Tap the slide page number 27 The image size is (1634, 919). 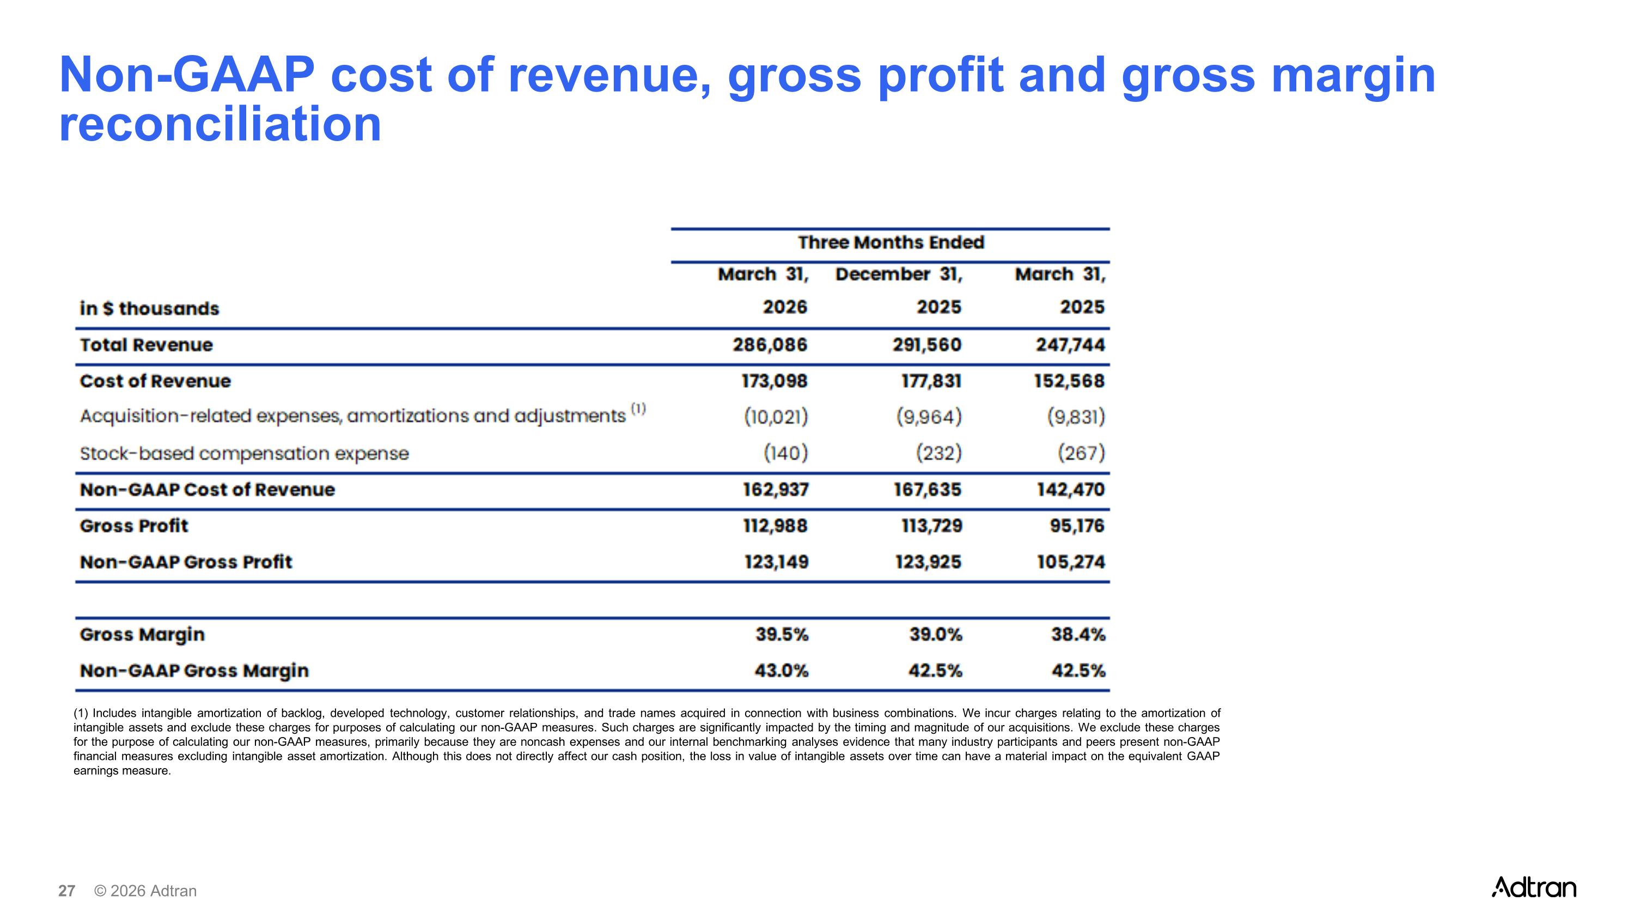click(x=66, y=891)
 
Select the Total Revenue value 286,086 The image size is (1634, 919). click(x=770, y=345)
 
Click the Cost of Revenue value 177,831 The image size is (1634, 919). click(x=931, y=381)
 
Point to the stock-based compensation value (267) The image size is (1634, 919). click(x=1081, y=453)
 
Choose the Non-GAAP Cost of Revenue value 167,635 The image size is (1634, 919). click(x=928, y=490)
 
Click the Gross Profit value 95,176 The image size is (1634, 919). click(x=1077, y=526)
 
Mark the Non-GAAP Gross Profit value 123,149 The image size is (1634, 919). click(x=776, y=562)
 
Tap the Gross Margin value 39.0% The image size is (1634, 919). click(x=936, y=634)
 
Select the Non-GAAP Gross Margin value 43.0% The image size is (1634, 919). click(x=782, y=671)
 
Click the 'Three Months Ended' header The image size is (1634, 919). click(x=891, y=242)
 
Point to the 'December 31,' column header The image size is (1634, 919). click(x=899, y=275)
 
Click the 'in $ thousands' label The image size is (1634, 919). click(x=149, y=308)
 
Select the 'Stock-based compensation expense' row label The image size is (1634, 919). click(x=244, y=453)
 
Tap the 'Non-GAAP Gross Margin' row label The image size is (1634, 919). click(x=194, y=671)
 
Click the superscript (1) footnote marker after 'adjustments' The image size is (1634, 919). click(x=638, y=409)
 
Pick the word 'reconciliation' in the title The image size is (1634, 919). click(x=220, y=124)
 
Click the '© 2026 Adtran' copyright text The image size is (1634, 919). click(x=145, y=891)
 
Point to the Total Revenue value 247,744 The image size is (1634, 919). click(x=1070, y=345)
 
